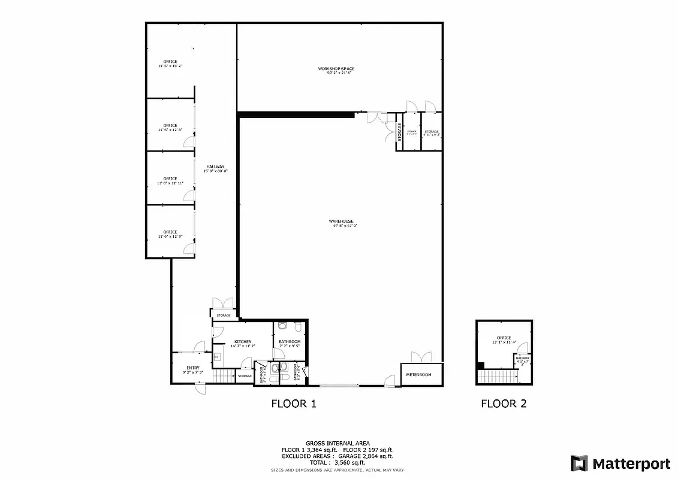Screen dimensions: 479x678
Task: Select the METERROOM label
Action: pos(418,375)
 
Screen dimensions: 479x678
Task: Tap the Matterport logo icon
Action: pos(579,463)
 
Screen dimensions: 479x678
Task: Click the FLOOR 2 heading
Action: pos(504,404)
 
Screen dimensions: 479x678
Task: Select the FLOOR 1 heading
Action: pos(294,404)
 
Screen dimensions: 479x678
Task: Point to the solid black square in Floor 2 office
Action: pos(480,365)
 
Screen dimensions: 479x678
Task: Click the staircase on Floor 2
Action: pos(498,377)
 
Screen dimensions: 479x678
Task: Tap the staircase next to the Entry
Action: pos(224,376)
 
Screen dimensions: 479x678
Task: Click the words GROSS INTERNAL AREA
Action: pos(338,444)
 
